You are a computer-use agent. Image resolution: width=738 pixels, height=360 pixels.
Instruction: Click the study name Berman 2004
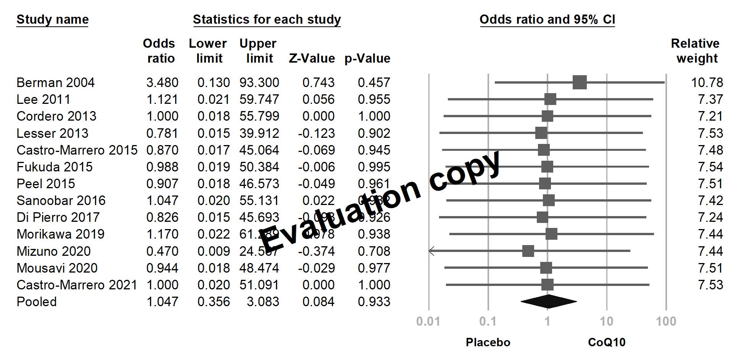click(x=55, y=83)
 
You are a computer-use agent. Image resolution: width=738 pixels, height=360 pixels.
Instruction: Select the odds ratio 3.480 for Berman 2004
click(x=162, y=83)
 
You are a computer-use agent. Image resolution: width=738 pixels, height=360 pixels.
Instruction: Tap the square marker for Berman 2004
click(x=580, y=82)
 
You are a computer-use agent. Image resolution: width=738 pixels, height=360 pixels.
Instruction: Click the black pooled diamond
click(x=548, y=302)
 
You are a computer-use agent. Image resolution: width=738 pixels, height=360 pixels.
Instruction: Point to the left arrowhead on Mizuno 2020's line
click(x=431, y=251)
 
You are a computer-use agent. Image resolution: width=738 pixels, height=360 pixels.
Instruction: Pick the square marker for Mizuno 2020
click(x=528, y=251)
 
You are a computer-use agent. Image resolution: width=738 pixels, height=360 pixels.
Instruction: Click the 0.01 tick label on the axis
click(x=428, y=321)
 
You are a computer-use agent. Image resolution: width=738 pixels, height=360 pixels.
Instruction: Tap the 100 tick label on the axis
click(x=666, y=321)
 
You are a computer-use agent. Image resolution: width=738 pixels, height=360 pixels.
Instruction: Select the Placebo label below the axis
click(x=488, y=342)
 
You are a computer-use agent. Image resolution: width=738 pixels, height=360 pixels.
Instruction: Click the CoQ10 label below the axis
click(x=607, y=342)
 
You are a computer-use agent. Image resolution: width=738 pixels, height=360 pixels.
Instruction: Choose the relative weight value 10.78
click(x=707, y=83)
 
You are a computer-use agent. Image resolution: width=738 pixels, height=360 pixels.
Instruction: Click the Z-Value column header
click(x=312, y=59)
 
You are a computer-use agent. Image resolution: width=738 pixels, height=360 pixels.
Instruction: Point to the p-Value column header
click(x=367, y=59)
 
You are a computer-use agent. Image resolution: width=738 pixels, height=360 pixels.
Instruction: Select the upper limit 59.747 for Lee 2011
click(x=259, y=100)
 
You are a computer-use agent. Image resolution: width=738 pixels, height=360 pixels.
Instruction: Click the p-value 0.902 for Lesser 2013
click(x=374, y=133)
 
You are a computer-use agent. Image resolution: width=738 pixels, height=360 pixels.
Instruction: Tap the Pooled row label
click(x=37, y=302)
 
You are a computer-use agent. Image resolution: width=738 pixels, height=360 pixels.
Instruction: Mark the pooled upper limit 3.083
click(x=263, y=302)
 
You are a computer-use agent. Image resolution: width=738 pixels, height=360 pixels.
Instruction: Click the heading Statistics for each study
click(x=267, y=19)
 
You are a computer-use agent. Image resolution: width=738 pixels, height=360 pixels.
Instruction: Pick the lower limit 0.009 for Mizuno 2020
click(x=213, y=251)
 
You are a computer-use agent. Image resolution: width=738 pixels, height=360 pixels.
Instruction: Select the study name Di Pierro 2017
click(x=58, y=218)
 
